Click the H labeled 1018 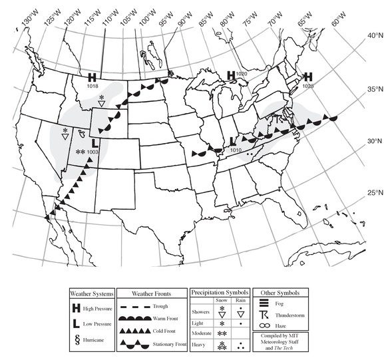(93, 77)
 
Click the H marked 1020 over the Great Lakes (231, 75)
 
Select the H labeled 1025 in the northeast (308, 77)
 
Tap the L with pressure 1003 (95, 142)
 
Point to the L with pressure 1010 (232, 141)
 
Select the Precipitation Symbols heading (219, 292)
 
